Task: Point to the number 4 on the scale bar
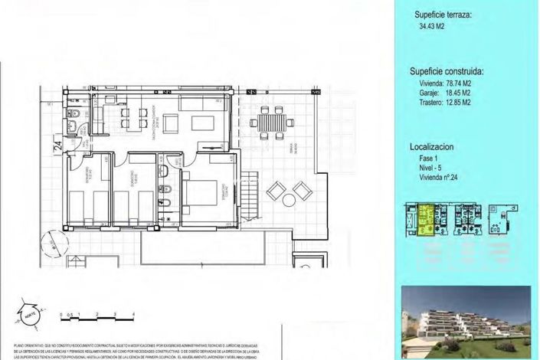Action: pyautogui.click(x=133, y=315)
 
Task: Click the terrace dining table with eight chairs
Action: pyautogui.click(x=270, y=123)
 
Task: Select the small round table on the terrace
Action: pyautogui.click(x=289, y=200)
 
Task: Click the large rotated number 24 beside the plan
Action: pyautogui.click(x=57, y=142)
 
